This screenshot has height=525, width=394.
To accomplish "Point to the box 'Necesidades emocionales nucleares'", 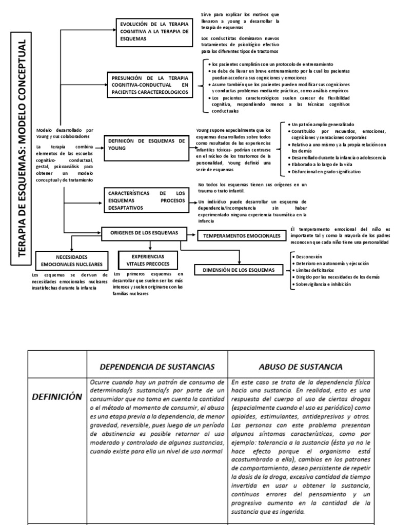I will click(72, 260).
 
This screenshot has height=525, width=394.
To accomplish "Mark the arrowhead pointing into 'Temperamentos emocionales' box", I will click(195, 235).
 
